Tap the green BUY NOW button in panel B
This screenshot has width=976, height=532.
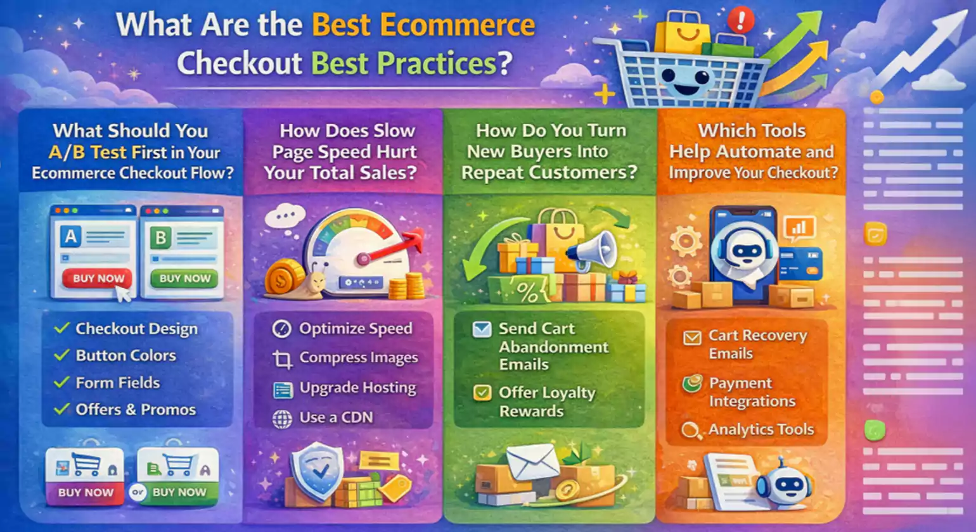coord(184,278)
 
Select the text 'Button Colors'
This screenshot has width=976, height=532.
coord(125,355)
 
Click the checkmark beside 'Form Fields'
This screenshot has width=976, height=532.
coord(61,383)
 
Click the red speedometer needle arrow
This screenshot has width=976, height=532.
coord(393,248)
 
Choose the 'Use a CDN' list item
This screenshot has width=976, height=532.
coord(336,417)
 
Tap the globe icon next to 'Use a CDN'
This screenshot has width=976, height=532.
coord(282,419)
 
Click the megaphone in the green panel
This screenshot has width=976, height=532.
coord(592,249)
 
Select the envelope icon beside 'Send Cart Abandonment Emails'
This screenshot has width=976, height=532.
coord(482,329)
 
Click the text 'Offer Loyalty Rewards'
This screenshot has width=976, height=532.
coord(546,402)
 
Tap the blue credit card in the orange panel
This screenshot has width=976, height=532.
coord(800,265)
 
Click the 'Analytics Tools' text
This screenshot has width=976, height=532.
coord(761,429)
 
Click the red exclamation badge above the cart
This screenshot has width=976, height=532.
coord(740,20)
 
